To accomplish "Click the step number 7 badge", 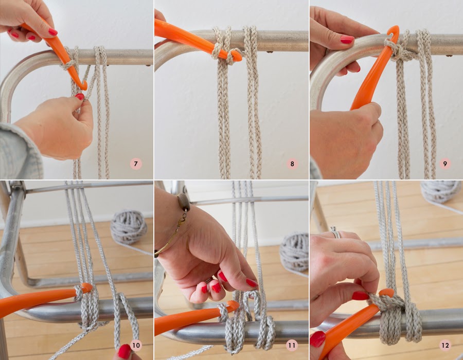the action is (136, 164).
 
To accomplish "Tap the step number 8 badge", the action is (292, 164).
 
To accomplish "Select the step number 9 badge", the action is (445, 164).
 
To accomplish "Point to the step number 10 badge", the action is (136, 345).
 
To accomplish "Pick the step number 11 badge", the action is (292, 345).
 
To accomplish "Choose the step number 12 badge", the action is (445, 345).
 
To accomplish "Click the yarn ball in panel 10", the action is (129, 227).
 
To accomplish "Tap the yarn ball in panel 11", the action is (294, 251).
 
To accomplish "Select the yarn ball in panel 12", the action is (441, 192).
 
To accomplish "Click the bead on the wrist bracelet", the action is (183, 202).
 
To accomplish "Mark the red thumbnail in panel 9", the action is (347, 40).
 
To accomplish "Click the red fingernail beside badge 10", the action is (124, 351).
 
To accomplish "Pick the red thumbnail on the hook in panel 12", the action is (360, 296).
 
